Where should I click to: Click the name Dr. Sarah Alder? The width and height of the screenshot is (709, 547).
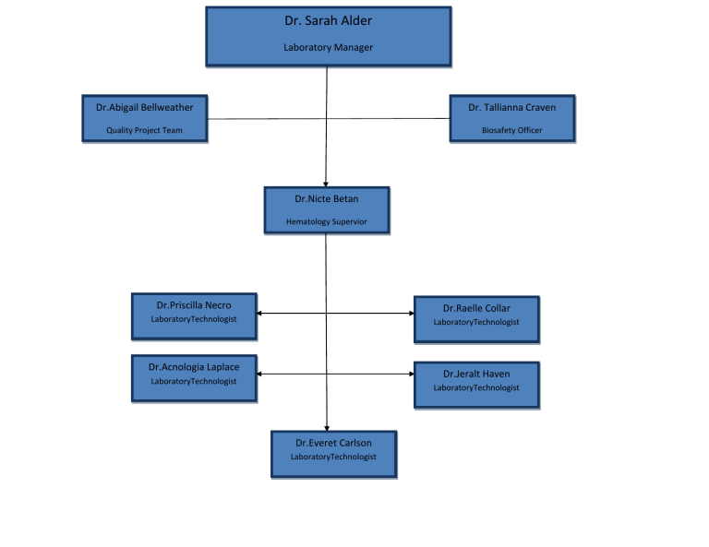[329, 20]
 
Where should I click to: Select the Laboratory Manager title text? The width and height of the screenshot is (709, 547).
[329, 47]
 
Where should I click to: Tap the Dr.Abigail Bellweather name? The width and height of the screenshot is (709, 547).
[145, 107]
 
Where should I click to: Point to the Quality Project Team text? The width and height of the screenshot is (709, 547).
[144, 130]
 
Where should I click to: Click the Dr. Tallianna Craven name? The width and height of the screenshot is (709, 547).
[512, 107]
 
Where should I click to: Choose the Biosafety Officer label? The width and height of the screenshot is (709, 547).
[512, 130]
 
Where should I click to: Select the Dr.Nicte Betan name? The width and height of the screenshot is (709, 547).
[327, 198]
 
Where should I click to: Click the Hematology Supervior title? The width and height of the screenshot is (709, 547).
[327, 221]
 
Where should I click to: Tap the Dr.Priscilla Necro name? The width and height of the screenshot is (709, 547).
[194, 305]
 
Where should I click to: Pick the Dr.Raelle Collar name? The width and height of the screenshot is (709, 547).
[476, 308]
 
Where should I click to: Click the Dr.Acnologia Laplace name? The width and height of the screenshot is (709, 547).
[194, 367]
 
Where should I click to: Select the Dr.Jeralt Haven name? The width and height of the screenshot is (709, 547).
[476, 374]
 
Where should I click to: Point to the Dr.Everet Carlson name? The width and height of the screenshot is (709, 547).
[334, 443]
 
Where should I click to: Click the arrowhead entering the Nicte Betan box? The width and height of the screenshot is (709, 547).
[326, 184]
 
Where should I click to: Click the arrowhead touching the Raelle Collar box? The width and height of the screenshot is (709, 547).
[411, 314]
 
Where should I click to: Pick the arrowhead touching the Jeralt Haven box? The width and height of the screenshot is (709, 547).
[411, 374]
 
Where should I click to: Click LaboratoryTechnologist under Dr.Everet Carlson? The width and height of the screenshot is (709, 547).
[334, 457]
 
